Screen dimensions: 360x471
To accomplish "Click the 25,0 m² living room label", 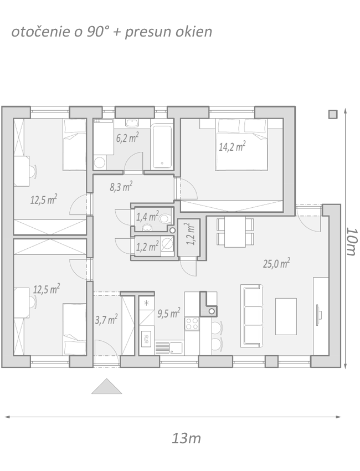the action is click(276, 263).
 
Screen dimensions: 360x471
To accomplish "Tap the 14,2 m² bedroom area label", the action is click(232, 146).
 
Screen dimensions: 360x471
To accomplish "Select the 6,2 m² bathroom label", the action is click(127, 138).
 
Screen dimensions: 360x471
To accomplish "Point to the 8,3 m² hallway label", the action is click(121, 187).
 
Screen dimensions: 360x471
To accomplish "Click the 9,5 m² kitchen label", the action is click(169, 313).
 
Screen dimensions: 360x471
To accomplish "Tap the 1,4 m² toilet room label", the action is click(147, 216).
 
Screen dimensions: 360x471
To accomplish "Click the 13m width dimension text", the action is click(186, 438).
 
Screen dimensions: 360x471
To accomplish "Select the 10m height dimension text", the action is click(352, 242).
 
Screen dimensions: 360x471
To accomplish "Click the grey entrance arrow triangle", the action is click(106, 386).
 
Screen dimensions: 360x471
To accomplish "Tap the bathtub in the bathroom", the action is click(162, 147).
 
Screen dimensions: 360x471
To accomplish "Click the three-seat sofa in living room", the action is click(251, 316).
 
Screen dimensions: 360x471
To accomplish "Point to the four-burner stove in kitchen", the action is click(192, 324).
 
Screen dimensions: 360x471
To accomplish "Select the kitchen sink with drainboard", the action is click(169, 348).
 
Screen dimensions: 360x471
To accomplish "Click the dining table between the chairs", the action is click(235, 232).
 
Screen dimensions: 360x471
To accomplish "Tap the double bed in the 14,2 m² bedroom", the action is click(241, 145).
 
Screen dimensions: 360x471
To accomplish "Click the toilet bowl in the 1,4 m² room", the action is click(165, 218).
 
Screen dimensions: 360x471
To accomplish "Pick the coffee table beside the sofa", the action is click(286, 316).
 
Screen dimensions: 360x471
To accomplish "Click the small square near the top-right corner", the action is click(333, 114).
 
